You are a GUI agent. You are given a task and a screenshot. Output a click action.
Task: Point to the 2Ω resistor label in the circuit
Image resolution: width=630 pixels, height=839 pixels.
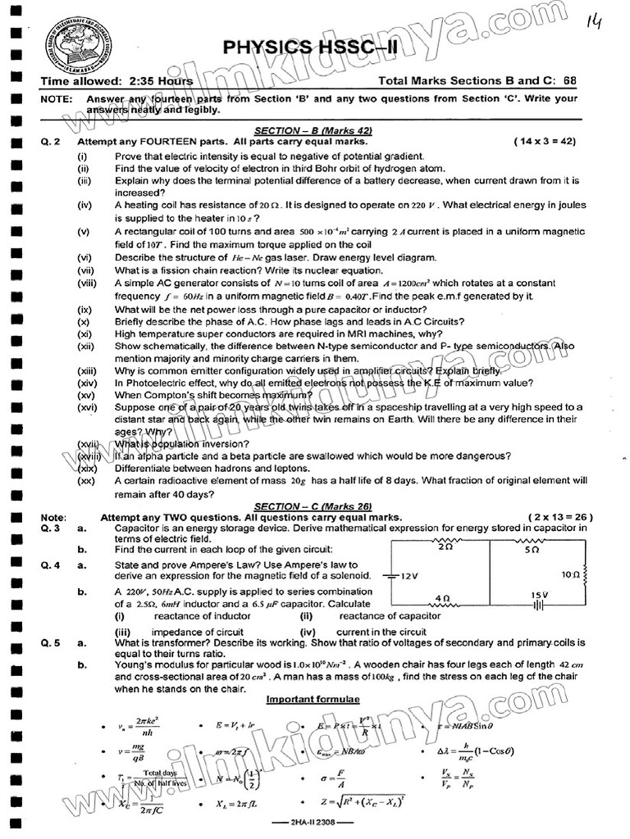click(445, 546)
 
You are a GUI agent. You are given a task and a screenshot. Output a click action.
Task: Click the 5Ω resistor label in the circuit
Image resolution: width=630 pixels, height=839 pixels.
click(532, 551)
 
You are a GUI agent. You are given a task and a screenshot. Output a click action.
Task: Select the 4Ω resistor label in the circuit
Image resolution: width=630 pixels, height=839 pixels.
click(443, 598)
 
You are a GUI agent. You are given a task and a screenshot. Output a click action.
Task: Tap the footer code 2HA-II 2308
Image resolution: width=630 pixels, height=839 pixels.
click(313, 824)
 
